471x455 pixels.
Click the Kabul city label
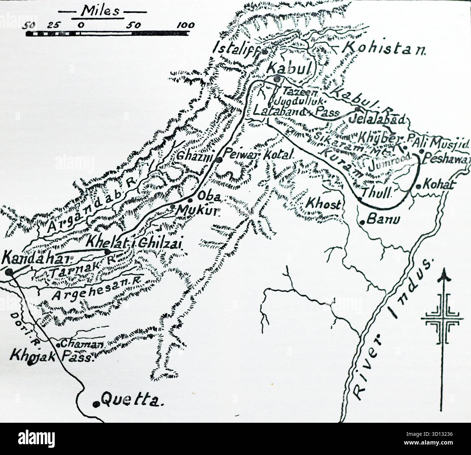coord(288,68)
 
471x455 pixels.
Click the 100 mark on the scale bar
coord(186,25)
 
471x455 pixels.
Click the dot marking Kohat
coord(419,187)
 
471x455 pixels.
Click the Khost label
coord(323,204)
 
